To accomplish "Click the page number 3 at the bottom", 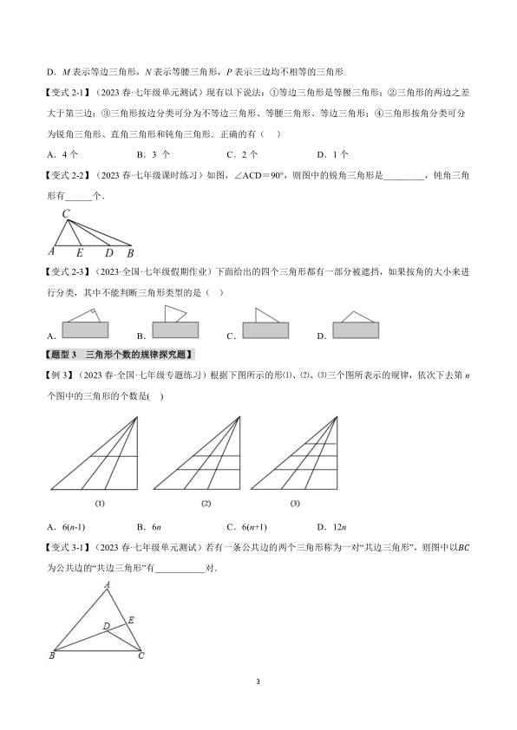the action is pos(258,681).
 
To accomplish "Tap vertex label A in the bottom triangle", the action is pos(108,584).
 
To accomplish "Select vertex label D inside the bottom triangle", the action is pos(105,625).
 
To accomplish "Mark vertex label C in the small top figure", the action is pos(66,213).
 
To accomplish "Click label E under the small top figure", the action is pos(81,253).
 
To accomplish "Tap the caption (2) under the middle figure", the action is pos(206,503).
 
